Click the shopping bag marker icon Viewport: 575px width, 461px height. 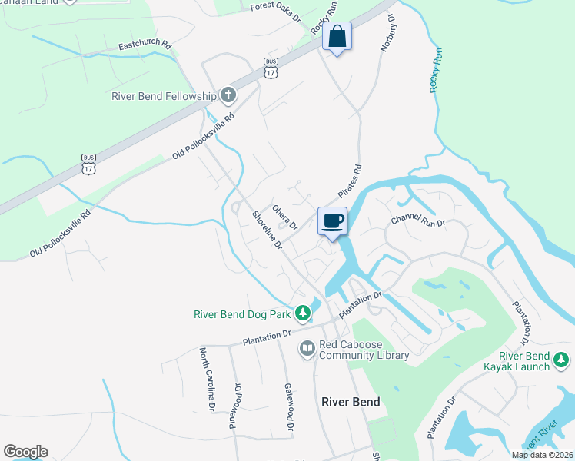[x=337, y=36]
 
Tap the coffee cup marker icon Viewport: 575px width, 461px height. [x=332, y=221]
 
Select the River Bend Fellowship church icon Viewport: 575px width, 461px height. [x=228, y=96]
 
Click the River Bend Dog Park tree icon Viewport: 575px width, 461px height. [x=303, y=313]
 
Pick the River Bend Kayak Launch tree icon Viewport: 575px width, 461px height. [x=563, y=359]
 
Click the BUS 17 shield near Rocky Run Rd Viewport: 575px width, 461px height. [x=270, y=68]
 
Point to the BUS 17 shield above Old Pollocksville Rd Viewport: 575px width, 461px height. [x=89, y=164]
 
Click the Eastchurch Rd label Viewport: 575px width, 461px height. [x=145, y=46]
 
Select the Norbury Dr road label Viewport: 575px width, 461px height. [x=387, y=32]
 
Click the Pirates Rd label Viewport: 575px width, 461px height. [x=349, y=181]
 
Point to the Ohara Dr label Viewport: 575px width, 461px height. [x=284, y=217]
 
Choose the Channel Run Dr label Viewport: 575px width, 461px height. [x=418, y=221]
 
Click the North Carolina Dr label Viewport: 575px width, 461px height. [x=206, y=377]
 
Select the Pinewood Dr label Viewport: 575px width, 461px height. [x=234, y=405]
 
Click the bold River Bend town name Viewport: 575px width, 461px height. [x=350, y=402]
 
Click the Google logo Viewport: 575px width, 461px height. [x=25, y=452]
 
